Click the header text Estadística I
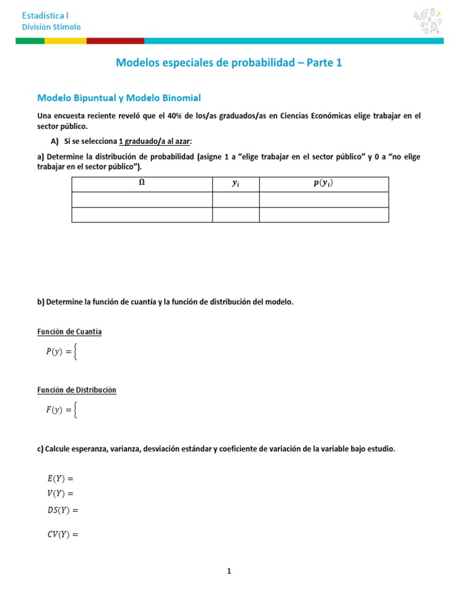point(45,15)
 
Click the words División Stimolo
point(51,27)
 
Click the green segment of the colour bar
point(29,41)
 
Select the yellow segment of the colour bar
point(65,41)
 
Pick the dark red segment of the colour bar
point(115,41)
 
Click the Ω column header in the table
point(141,185)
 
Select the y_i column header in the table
point(236,185)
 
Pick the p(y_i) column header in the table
point(323,185)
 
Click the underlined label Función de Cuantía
point(69,332)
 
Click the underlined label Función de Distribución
point(77,390)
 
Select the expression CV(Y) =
point(63,534)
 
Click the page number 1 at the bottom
point(229,571)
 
